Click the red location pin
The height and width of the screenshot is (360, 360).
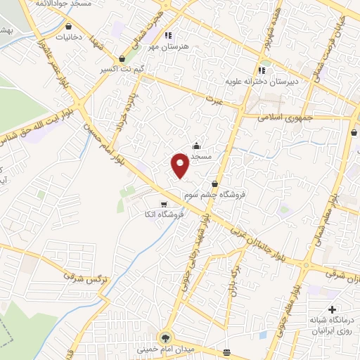[x=181, y=165]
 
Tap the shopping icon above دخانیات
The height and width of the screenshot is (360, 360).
[x=68, y=26]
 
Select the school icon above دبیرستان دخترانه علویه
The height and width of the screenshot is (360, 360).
[x=262, y=70]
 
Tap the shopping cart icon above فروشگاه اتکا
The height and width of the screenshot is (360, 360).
[x=164, y=204]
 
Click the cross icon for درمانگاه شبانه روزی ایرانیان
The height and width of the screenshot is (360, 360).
[x=332, y=309]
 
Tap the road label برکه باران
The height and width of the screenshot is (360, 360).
[x=232, y=278]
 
